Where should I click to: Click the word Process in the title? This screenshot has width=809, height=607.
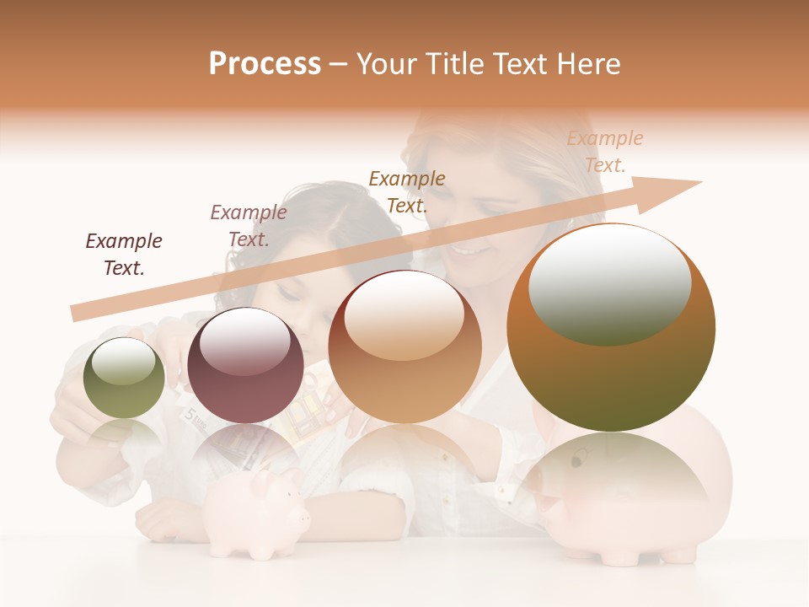265,63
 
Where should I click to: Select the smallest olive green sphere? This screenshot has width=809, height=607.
124,378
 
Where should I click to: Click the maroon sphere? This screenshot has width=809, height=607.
245,365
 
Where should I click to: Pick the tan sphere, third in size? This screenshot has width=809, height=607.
404,346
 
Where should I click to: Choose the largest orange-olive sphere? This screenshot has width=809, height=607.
611,327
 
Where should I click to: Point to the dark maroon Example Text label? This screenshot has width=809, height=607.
124,254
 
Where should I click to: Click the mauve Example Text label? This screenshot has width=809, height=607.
249,225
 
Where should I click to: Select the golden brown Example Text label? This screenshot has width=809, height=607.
407,191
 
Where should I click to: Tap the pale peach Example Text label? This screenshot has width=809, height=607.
604,151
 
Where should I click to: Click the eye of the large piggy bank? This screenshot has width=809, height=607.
576,462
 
